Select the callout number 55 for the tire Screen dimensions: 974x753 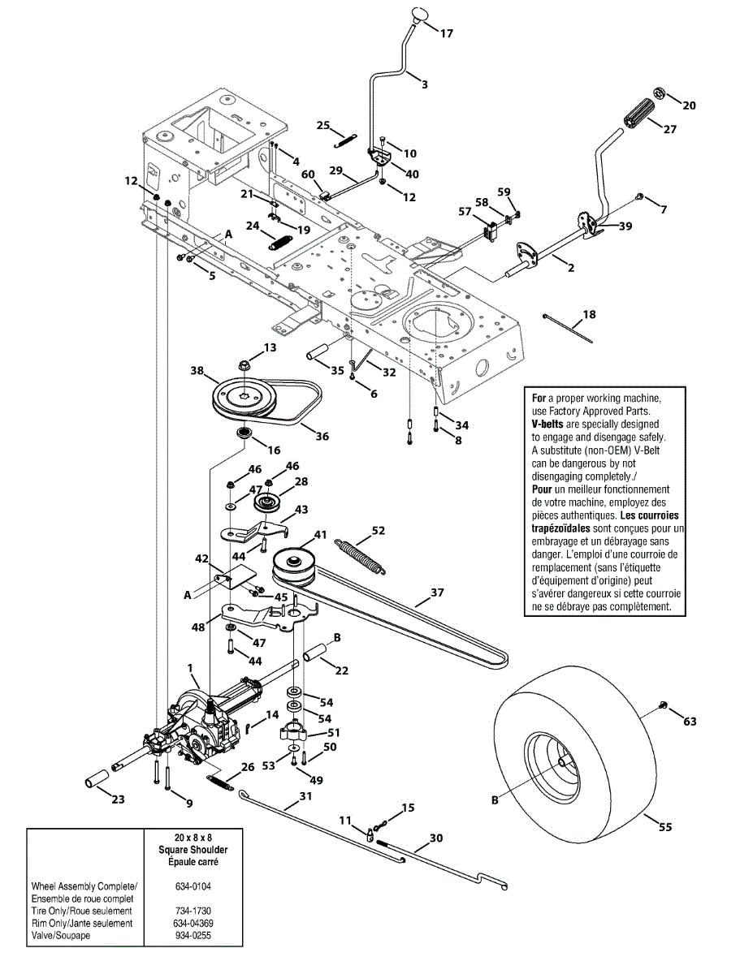pos(664,827)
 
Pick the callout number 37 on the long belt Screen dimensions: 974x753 pos(437,593)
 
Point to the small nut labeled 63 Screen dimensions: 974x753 pos(664,705)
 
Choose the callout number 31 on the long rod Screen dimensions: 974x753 pos(305,796)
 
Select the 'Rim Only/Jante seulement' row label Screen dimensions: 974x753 pos(81,924)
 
